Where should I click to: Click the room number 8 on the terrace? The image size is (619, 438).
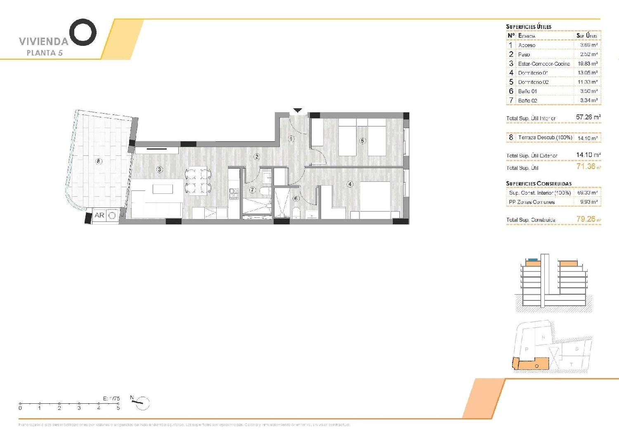(x=99, y=161)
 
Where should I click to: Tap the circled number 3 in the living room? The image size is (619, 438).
(x=159, y=169)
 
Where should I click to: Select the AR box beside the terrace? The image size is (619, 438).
(x=99, y=215)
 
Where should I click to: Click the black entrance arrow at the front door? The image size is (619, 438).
(x=298, y=110)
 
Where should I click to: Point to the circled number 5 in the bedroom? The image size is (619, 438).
(x=362, y=141)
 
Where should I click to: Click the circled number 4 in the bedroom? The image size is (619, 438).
(x=350, y=184)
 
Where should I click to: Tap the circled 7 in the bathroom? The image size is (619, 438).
(x=252, y=190)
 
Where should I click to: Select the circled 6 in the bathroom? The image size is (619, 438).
(x=296, y=198)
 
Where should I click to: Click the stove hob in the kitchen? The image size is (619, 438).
(x=234, y=193)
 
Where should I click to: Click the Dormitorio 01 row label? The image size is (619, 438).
(x=533, y=73)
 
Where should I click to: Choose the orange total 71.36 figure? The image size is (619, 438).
(x=586, y=167)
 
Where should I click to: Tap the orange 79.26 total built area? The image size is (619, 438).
(x=586, y=219)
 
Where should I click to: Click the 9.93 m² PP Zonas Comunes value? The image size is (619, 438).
(x=588, y=202)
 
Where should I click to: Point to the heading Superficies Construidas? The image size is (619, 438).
(x=539, y=183)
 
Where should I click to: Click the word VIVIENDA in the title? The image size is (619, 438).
(x=43, y=41)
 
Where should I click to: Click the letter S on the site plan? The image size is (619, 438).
(x=576, y=349)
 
